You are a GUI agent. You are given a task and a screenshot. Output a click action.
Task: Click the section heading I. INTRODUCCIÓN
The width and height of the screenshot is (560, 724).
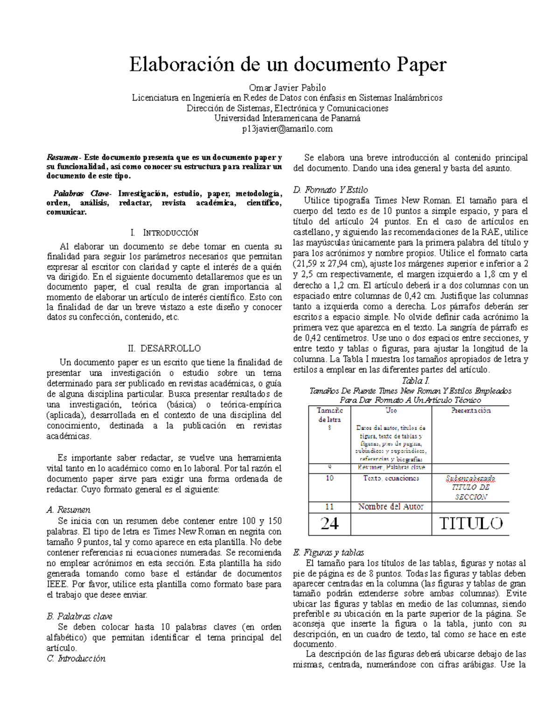click(x=165, y=233)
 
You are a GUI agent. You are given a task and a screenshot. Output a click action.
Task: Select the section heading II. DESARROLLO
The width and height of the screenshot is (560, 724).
click(x=164, y=348)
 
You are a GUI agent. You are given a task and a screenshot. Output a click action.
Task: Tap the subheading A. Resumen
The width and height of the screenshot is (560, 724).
click(x=69, y=510)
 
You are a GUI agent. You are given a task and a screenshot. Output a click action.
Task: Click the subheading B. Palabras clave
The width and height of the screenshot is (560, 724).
click(x=80, y=616)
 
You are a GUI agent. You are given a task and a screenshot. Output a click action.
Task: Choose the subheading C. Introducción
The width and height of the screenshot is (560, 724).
click(x=77, y=658)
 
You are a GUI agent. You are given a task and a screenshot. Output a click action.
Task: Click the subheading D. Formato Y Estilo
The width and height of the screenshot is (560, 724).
click(x=330, y=190)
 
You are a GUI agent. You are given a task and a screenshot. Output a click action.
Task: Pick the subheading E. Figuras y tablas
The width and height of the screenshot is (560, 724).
click(x=328, y=552)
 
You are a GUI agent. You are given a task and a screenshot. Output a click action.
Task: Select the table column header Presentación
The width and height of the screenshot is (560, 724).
click(x=470, y=410)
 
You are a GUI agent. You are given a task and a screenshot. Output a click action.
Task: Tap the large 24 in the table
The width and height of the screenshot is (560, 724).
click(x=329, y=524)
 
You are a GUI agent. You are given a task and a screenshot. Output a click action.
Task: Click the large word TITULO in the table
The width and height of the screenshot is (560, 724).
click(x=471, y=524)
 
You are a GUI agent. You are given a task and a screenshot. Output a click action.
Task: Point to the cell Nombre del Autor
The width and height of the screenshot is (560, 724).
click(x=391, y=507)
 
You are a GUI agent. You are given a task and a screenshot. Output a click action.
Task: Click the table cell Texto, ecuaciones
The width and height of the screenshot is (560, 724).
click(x=391, y=478)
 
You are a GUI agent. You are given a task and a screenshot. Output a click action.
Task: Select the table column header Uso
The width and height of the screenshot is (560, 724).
click(x=391, y=410)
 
